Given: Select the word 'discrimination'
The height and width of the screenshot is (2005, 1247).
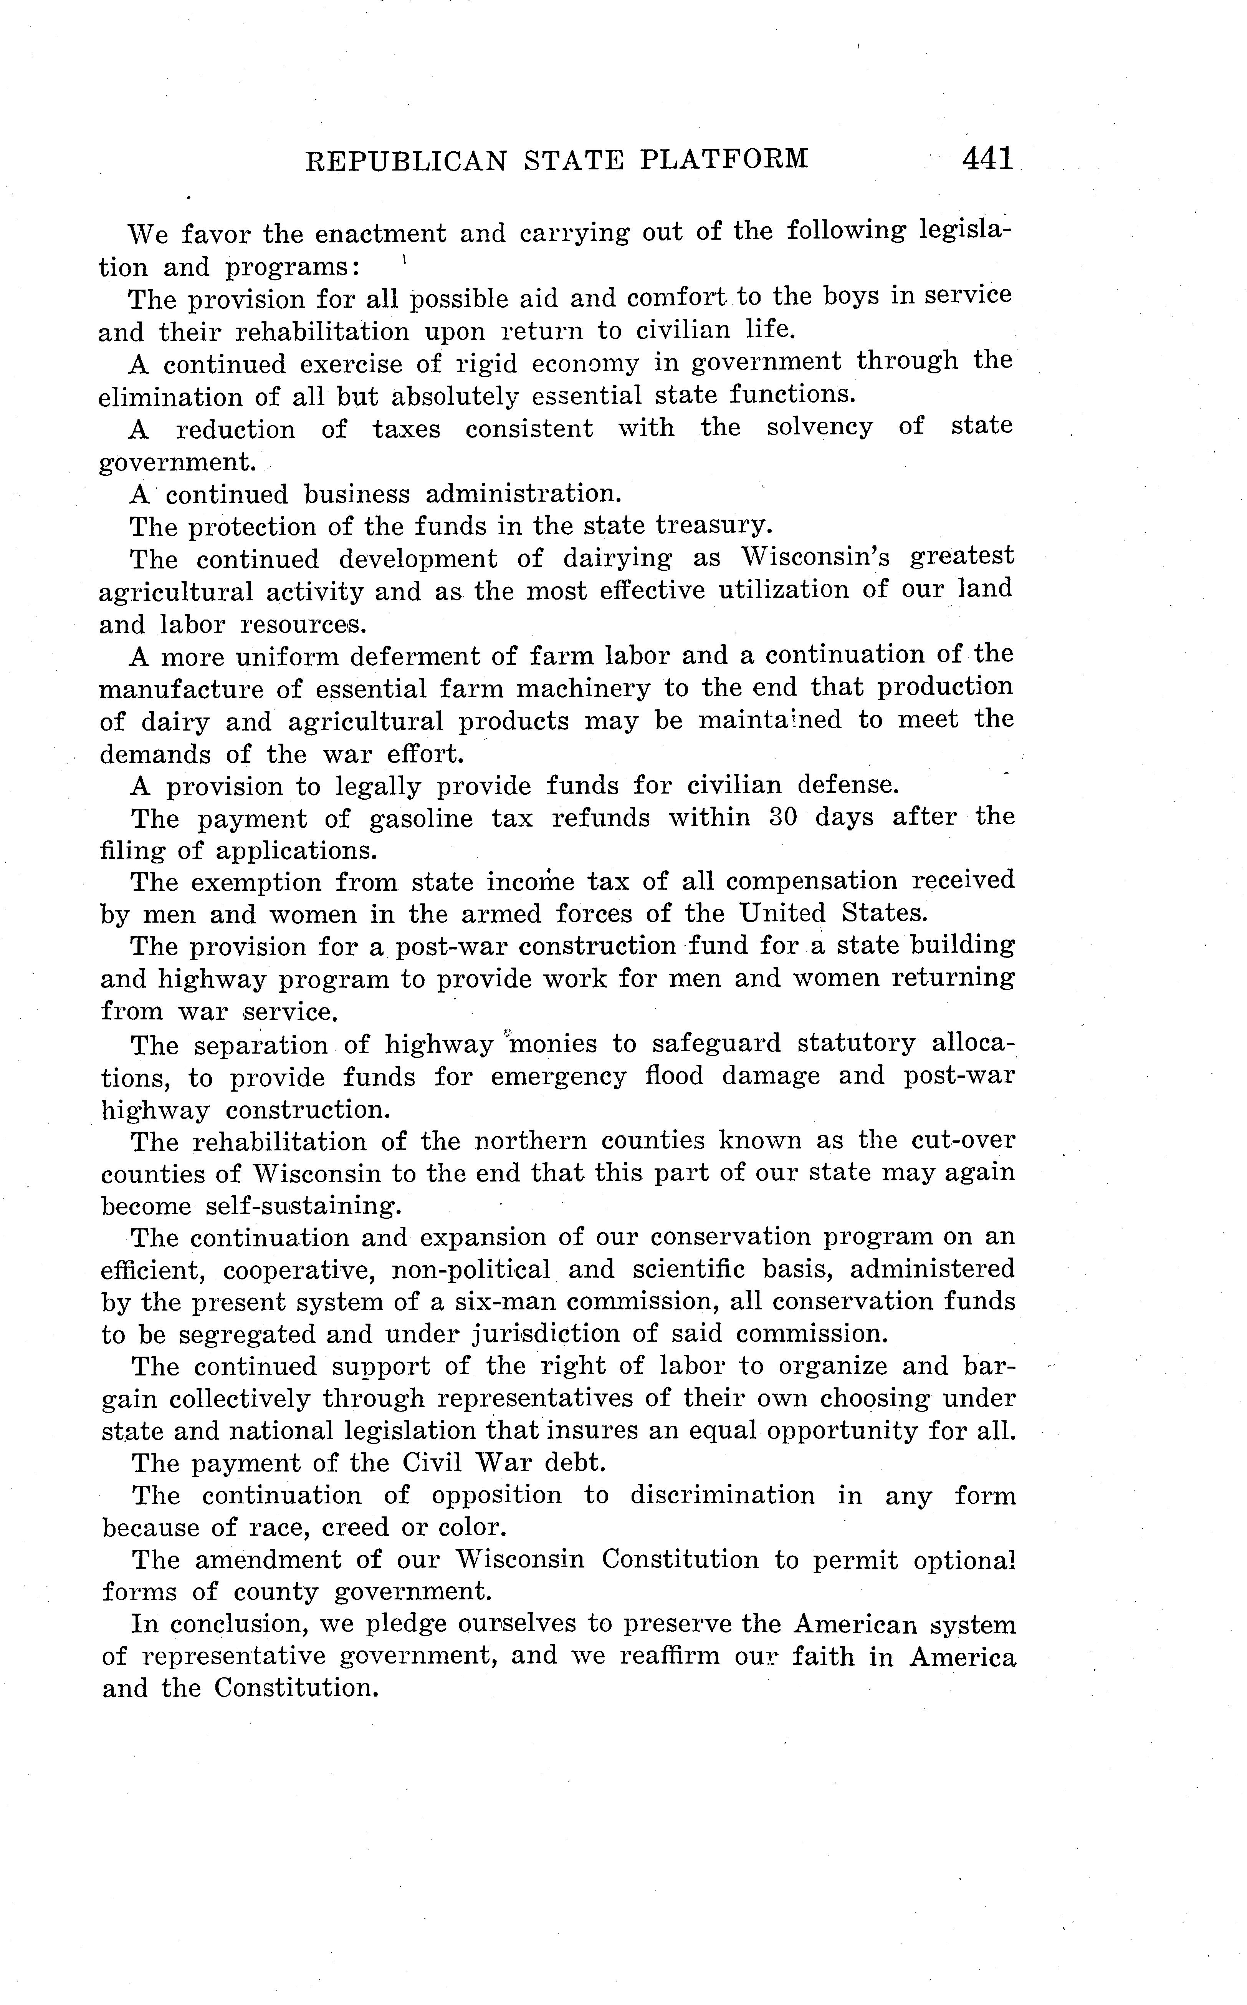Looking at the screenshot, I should coord(723,1495).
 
